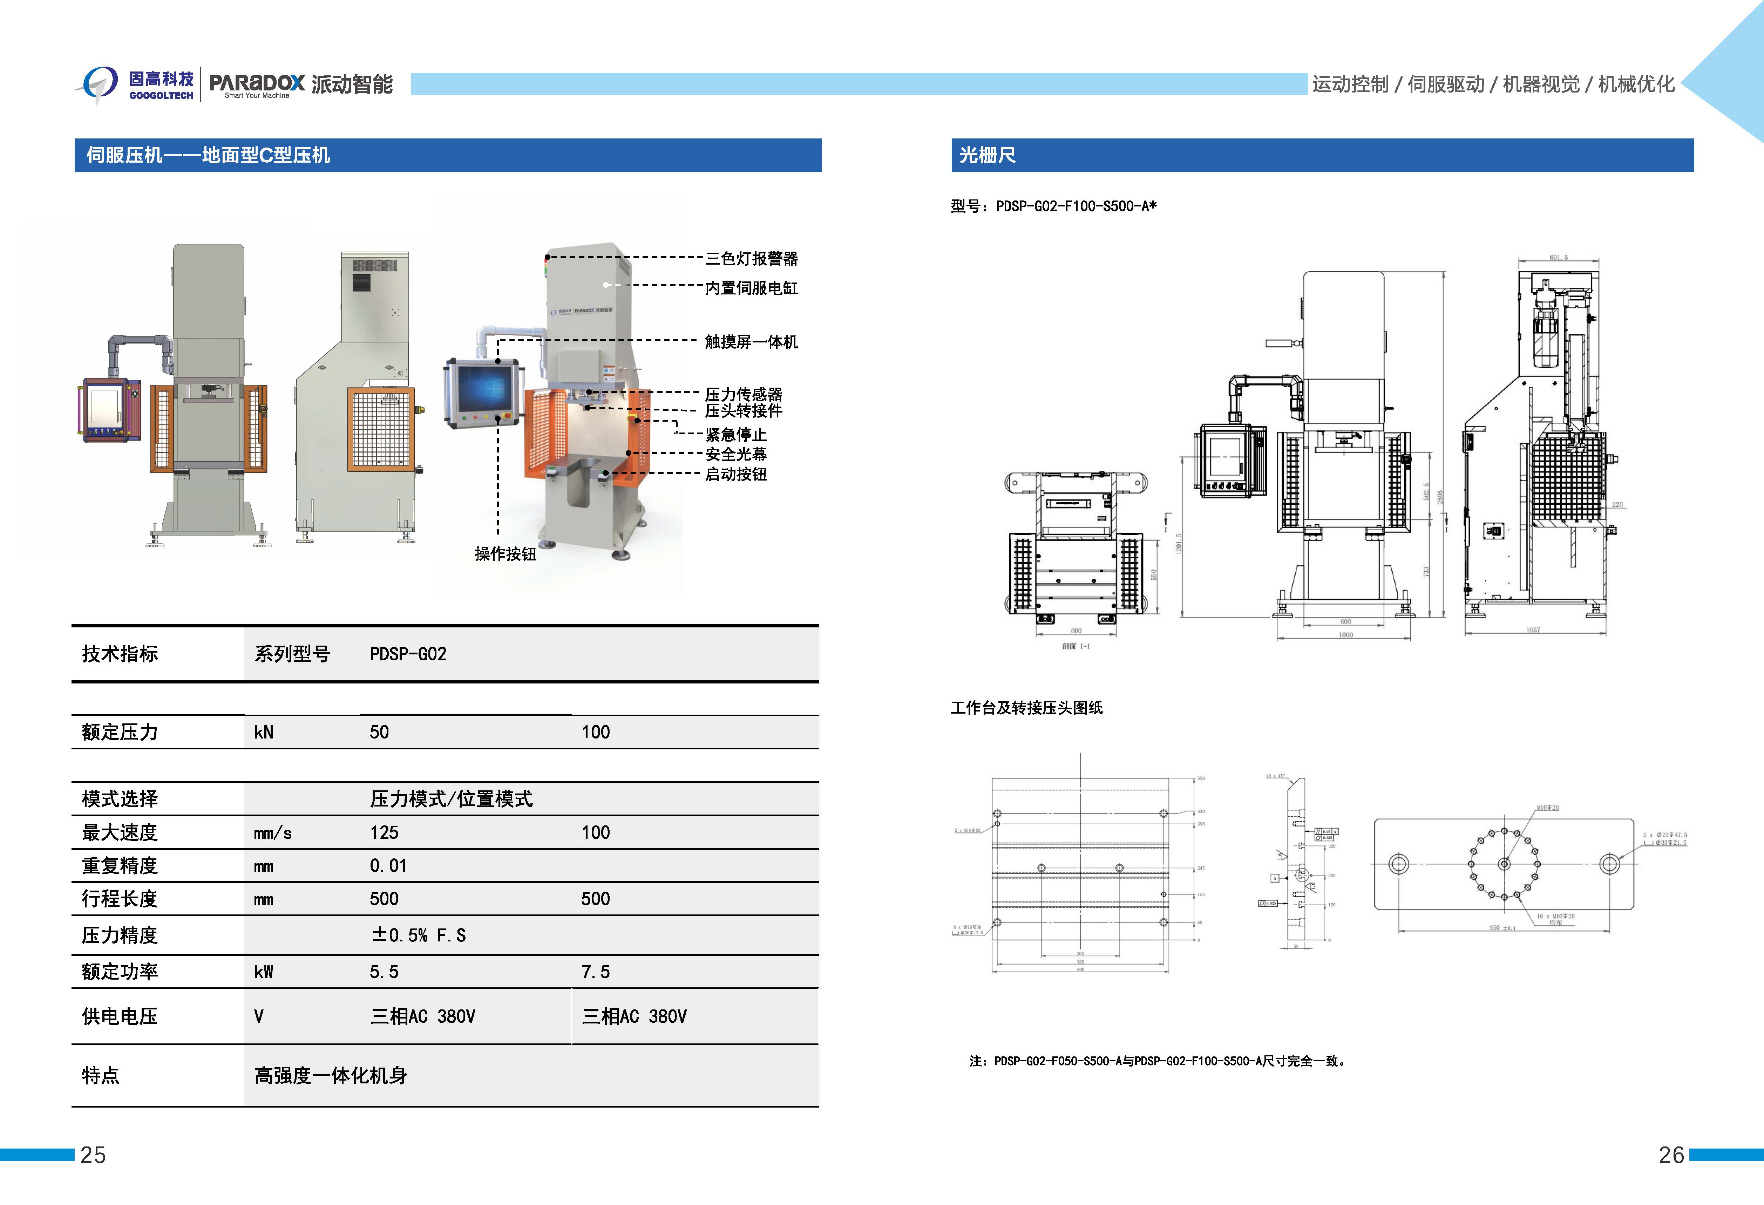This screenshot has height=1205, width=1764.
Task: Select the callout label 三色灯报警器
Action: click(x=752, y=259)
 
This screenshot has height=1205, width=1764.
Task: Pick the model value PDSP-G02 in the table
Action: click(x=408, y=654)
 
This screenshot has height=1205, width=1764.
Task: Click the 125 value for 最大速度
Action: click(x=384, y=832)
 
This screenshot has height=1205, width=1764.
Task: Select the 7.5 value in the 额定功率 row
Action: click(x=596, y=972)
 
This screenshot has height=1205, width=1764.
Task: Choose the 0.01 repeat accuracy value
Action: click(x=388, y=866)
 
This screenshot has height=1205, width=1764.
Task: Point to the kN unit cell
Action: click(x=263, y=732)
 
